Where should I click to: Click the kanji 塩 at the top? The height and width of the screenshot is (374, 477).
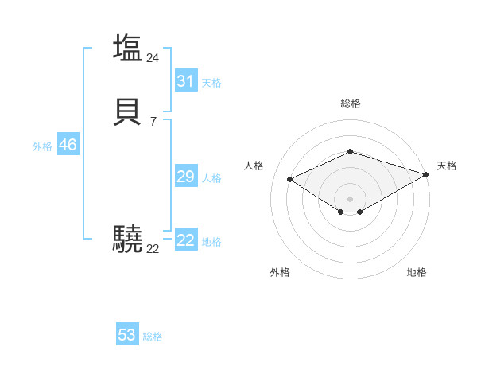127,47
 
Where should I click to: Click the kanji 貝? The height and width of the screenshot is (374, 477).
127,112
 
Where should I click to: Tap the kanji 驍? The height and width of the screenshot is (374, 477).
127,239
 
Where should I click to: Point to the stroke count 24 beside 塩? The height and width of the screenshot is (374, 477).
153,57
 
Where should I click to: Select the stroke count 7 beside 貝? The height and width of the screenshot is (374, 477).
153,122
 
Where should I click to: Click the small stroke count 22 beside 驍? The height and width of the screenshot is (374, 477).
153,249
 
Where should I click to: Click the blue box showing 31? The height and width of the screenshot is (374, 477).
185,81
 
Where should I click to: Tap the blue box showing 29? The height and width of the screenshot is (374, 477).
185,177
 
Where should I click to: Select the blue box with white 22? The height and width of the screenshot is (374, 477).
185,240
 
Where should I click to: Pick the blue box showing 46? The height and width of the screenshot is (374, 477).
68,145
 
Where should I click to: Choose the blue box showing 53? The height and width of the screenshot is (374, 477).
127,335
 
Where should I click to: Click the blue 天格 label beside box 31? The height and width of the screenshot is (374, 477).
211,82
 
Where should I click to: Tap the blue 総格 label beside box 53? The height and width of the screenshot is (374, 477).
153,337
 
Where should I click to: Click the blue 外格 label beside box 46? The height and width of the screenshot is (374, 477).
42,146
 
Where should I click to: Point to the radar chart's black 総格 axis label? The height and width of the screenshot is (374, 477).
350,103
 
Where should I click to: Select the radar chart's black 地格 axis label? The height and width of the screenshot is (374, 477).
417,272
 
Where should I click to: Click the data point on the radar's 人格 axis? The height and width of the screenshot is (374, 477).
290,179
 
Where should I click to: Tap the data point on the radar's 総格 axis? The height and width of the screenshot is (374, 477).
350,151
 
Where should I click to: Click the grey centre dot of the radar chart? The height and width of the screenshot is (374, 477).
350,198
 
